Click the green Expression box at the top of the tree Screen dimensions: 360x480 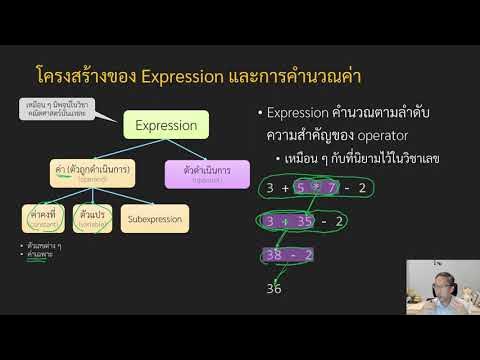coord(166,127)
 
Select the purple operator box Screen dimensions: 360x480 coord(206,173)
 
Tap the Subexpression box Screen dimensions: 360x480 coord(154,217)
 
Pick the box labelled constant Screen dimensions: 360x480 coord(42,217)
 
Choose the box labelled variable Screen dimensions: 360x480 coord(92,217)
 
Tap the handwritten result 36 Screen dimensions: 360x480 coord(275,289)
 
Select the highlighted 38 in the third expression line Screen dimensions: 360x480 coord(273,255)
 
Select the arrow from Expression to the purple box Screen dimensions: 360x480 coord(189,151)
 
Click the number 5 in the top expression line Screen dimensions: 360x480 coord(312,187)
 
